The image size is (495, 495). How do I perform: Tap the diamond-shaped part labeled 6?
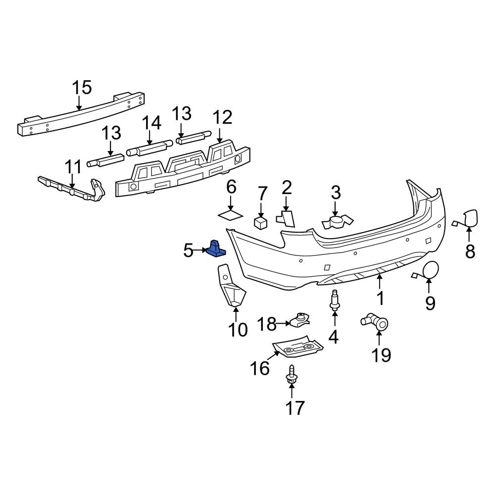[231, 214]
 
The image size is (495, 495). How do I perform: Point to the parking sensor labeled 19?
[376, 322]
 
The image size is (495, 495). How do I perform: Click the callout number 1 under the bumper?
[380, 299]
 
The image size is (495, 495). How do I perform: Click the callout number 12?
[222, 118]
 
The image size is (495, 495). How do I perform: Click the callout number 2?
[287, 188]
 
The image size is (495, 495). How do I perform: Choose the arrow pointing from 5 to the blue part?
[200, 250]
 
